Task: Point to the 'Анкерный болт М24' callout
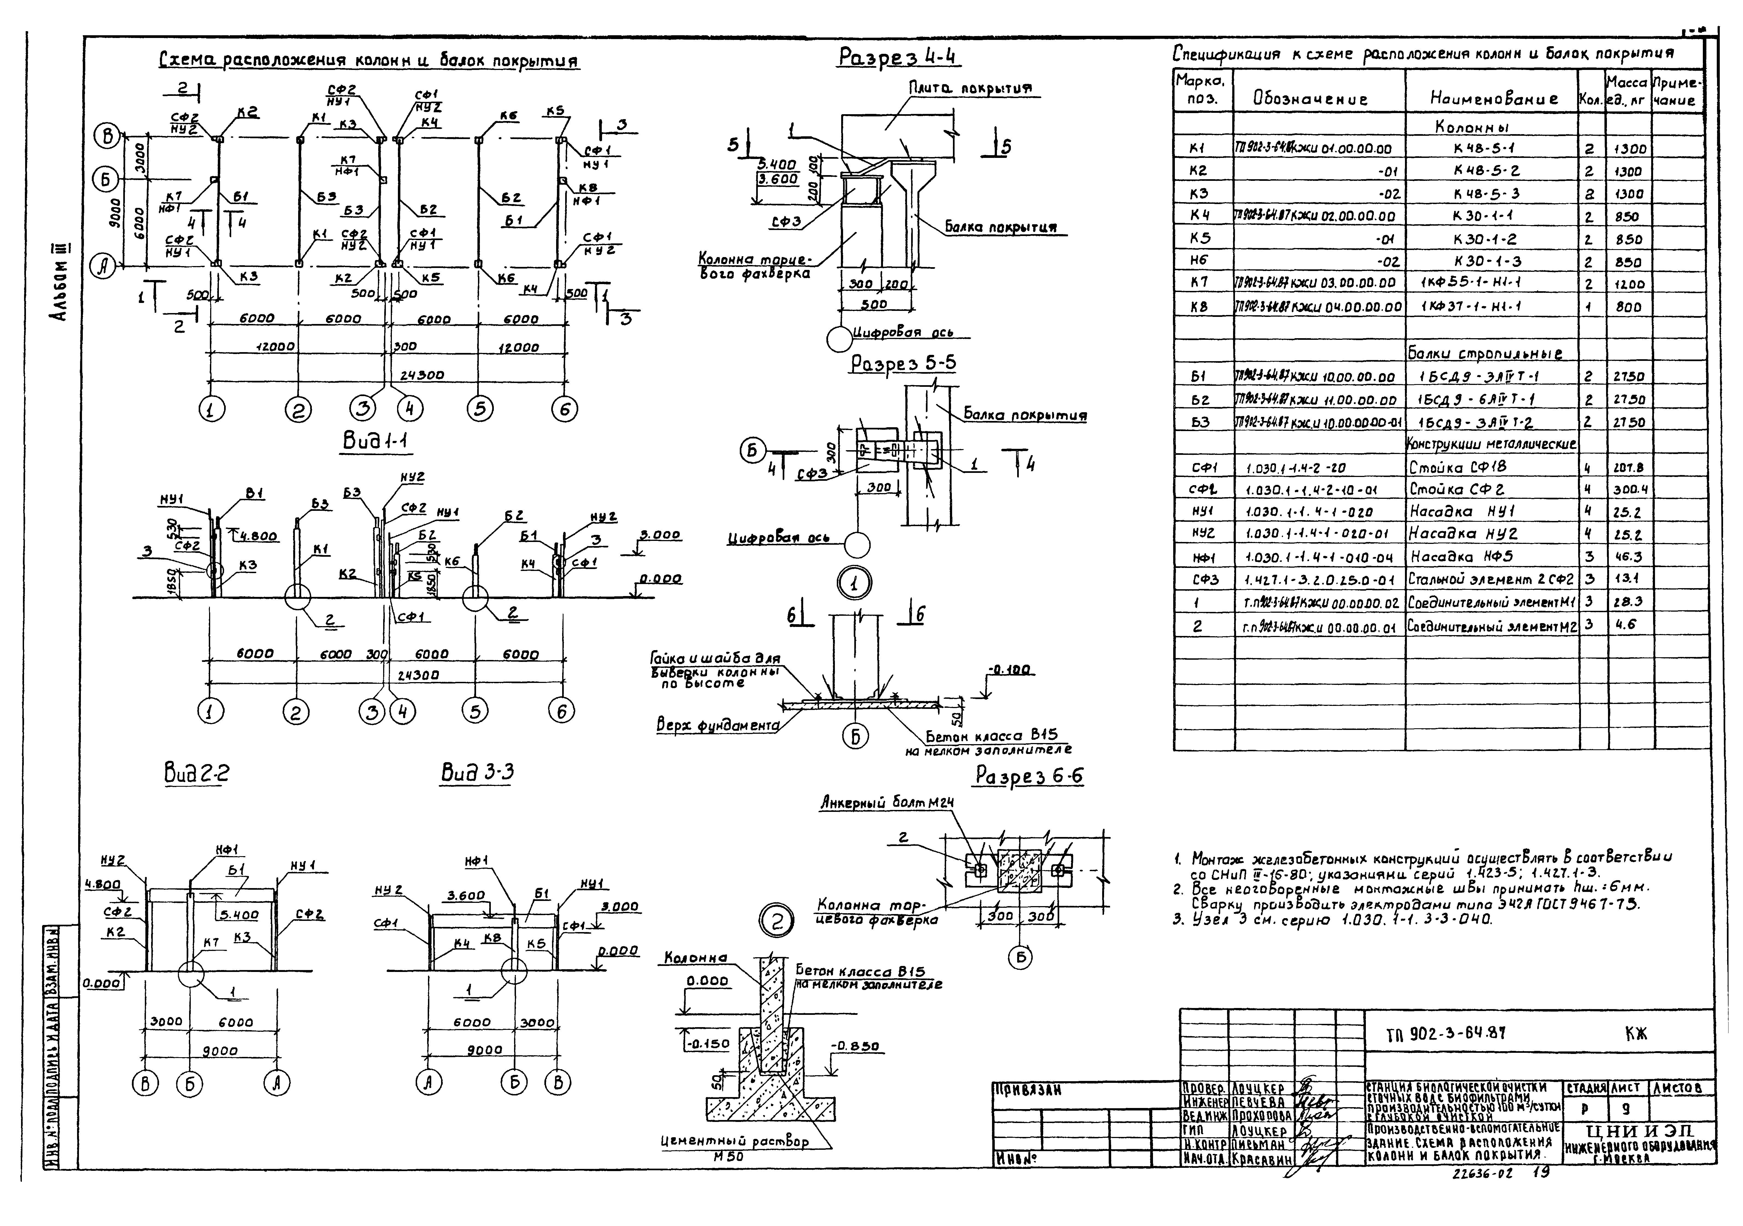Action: (x=887, y=803)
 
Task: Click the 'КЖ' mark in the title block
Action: (x=1636, y=1033)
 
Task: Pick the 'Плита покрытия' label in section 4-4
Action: (x=971, y=89)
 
